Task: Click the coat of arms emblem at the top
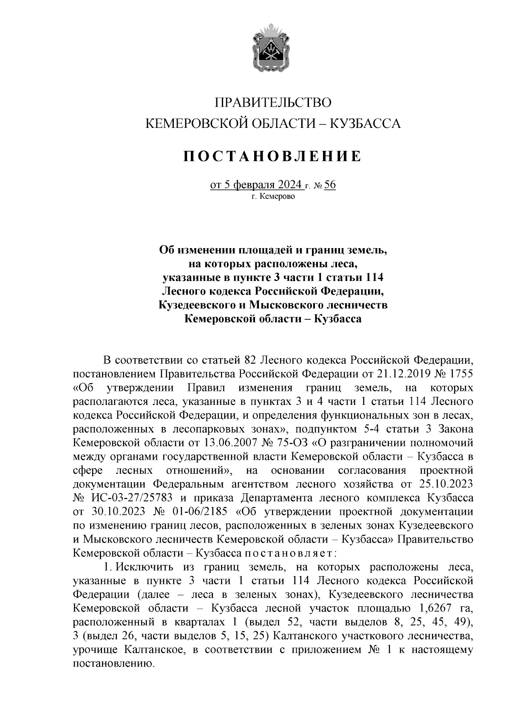click(272, 50)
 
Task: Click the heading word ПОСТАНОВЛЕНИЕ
click(272, 156)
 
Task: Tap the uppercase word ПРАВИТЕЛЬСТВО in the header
click(272, 103)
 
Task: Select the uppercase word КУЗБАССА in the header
click(365, 124)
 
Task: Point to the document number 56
click(330, 185)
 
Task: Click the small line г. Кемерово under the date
click(272, 197)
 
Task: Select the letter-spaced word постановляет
click(288, 553)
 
